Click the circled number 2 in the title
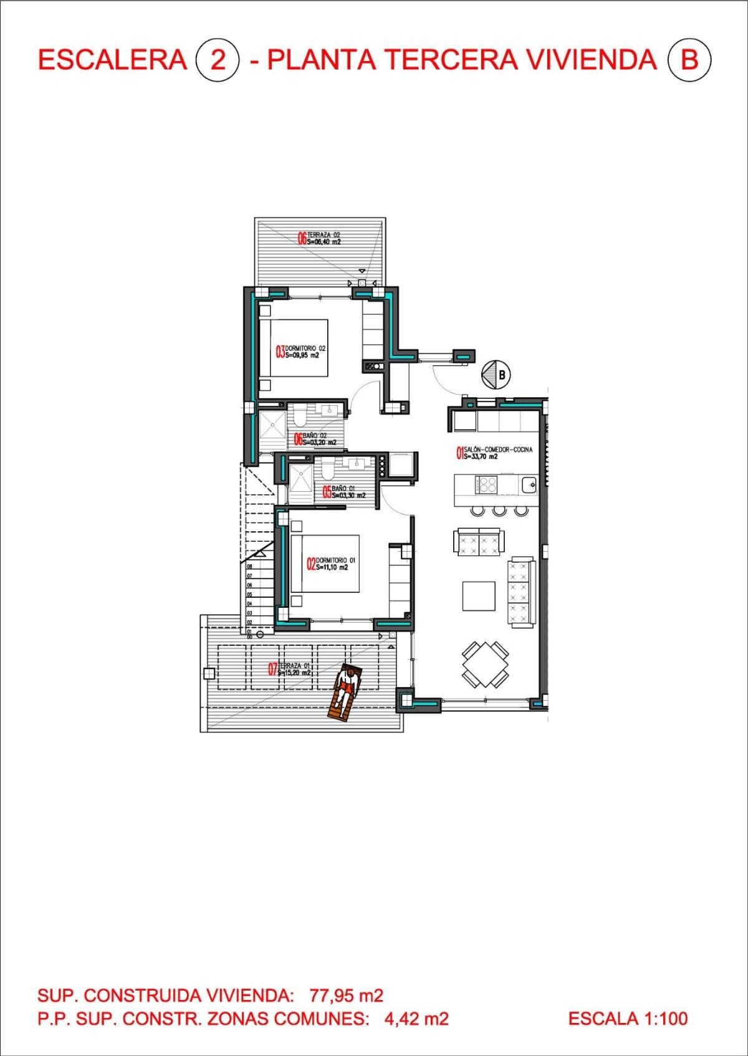(x=217, y=60)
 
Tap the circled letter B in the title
(x=689, y=60)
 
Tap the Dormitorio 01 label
(x=331, y=564)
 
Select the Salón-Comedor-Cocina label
(x=495, y=453)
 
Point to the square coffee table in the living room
(x=479, y=596)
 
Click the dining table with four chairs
(x=485, y=664)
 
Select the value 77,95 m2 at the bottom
(x=346, y=995)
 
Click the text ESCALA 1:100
(x=628, y=1019)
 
